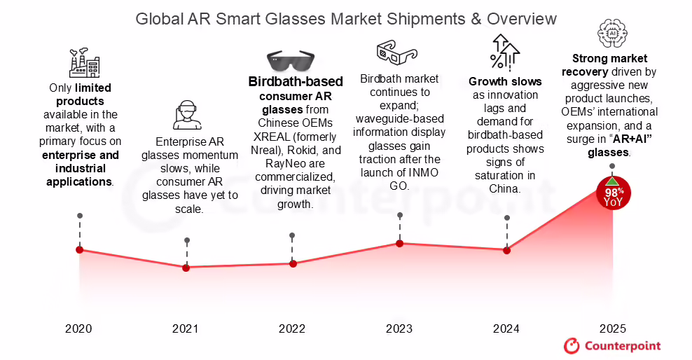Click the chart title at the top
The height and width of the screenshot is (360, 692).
346,18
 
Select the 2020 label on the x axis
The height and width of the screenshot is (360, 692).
78,328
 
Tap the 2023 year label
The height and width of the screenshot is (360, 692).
399,328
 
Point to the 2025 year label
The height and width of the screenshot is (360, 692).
613,328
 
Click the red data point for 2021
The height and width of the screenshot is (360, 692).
186,268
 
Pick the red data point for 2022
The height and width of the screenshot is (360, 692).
293,263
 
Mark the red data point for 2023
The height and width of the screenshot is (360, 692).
400,243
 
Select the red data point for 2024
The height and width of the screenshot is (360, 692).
506,249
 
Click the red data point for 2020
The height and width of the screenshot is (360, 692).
79,249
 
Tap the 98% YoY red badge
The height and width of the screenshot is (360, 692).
613,193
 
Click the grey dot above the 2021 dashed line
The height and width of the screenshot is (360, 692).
186,240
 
